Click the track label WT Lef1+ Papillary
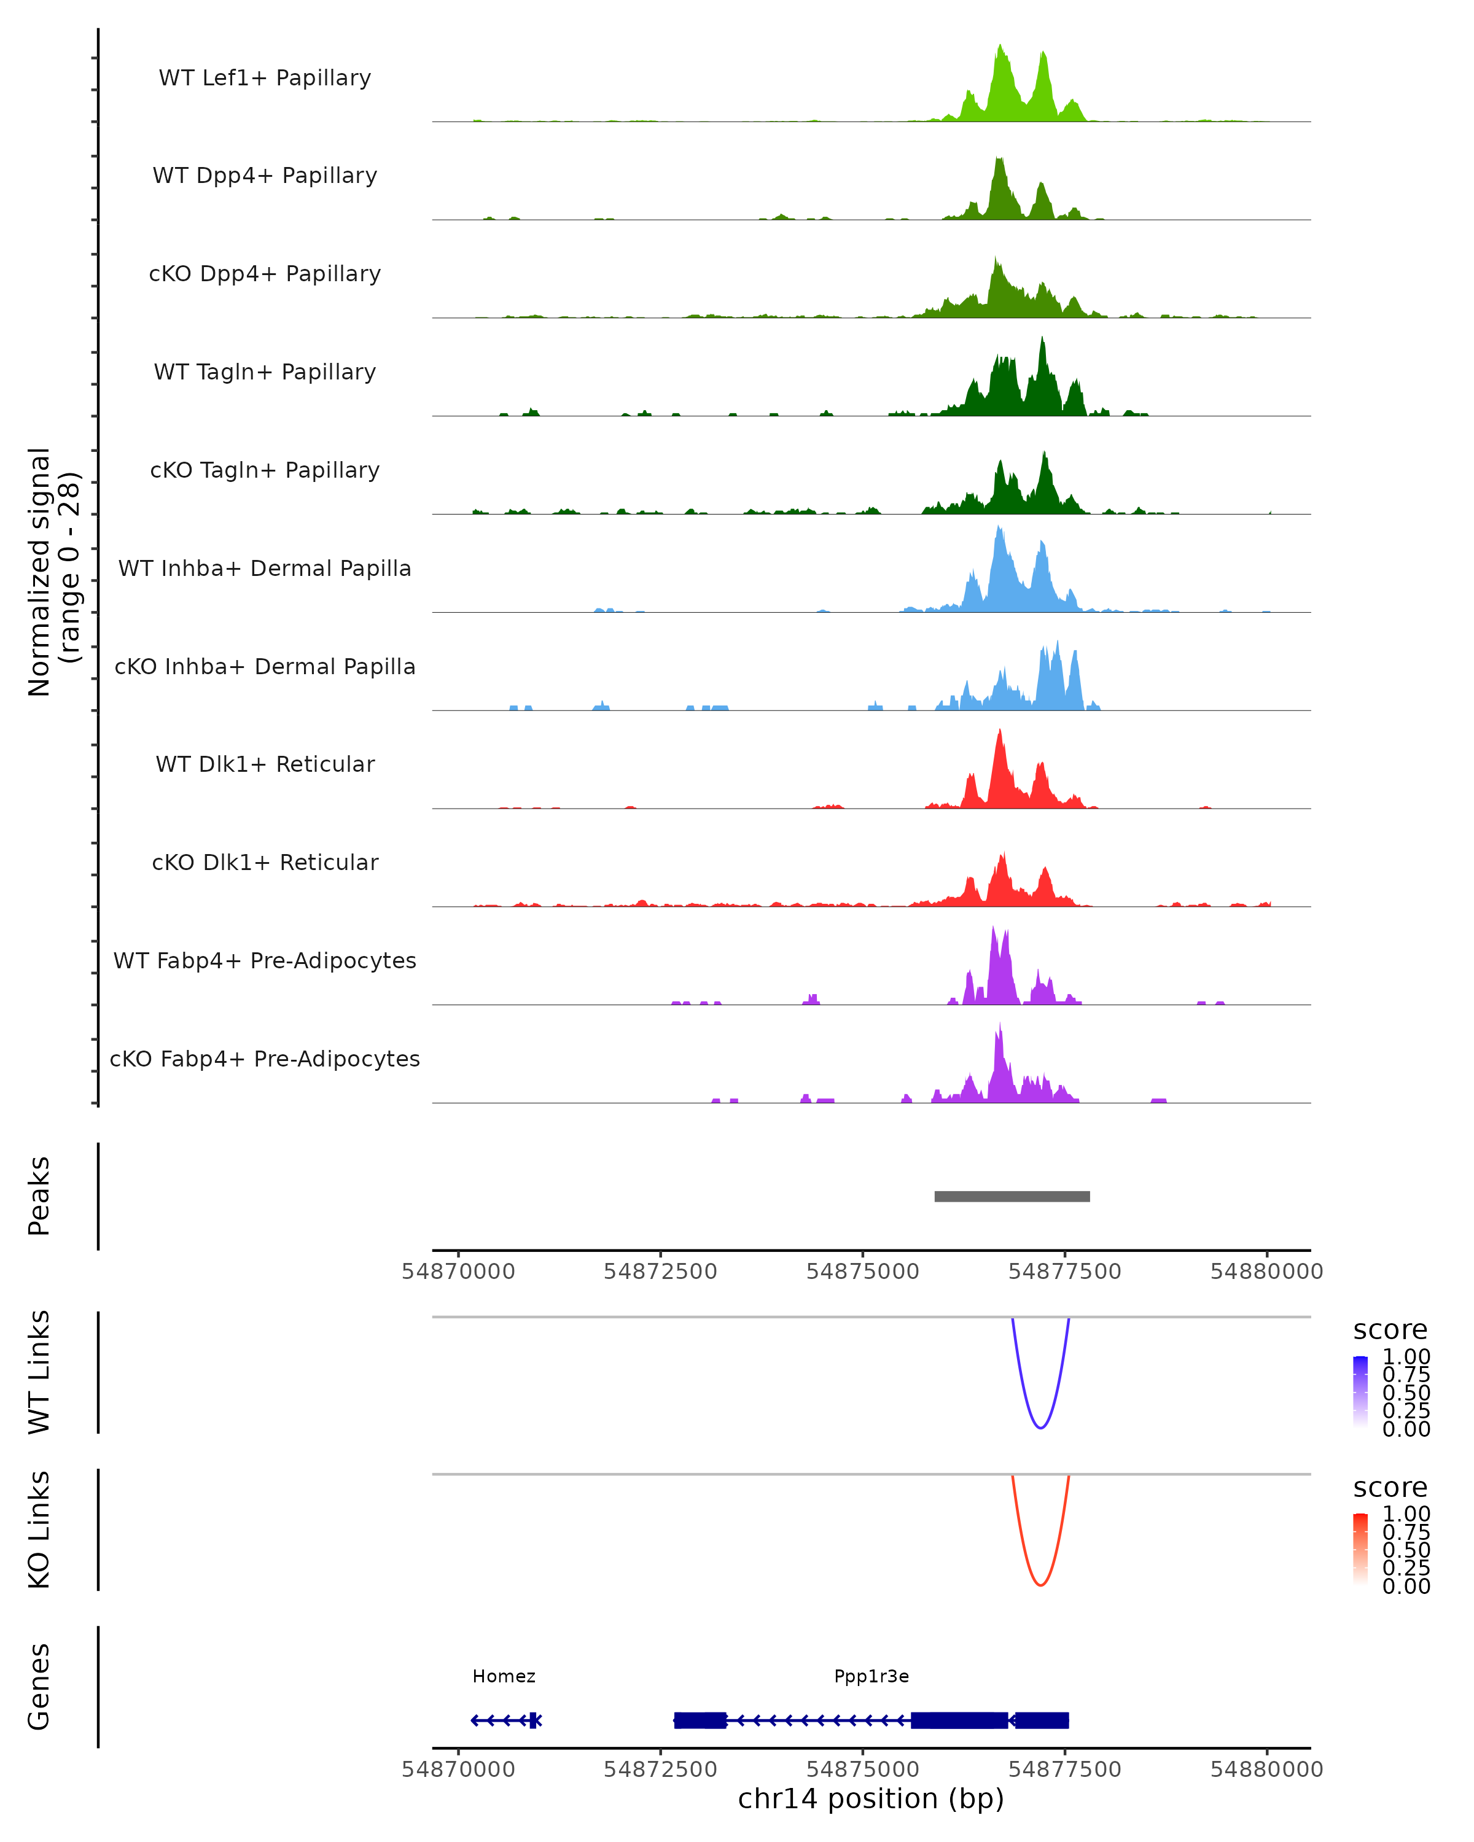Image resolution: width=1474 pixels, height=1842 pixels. pos(265,78)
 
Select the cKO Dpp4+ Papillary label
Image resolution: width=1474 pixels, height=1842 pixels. pos(265,274)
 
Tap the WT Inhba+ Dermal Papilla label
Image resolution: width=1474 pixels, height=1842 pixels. pos(265,569)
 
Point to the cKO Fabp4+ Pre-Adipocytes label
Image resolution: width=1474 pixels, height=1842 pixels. pos(265,1059)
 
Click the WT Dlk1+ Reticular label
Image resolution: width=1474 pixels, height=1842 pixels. pos(265,764)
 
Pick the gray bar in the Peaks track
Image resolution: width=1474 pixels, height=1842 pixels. pos(1012,1196)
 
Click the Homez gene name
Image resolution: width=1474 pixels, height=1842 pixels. pos(504,1676)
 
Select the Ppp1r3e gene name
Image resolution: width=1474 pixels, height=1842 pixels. pos(872,1676)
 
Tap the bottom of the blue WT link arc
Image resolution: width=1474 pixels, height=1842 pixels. pos(1040,1427)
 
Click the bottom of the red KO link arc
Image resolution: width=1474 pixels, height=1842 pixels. pos(1040,1585)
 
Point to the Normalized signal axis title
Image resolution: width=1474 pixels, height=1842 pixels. pos(53,572)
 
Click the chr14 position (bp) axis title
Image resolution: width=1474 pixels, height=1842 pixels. pos(871,1799)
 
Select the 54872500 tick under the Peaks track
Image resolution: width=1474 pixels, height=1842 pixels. pos(660,1272)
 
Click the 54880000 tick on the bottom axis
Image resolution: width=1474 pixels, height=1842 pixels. pos(1266,1770)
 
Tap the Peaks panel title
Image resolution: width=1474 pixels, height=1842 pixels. pos(39,1196)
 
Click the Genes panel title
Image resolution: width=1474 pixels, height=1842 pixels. pos(39,1687)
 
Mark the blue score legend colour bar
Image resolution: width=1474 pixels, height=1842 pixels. pos(1360,1391)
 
